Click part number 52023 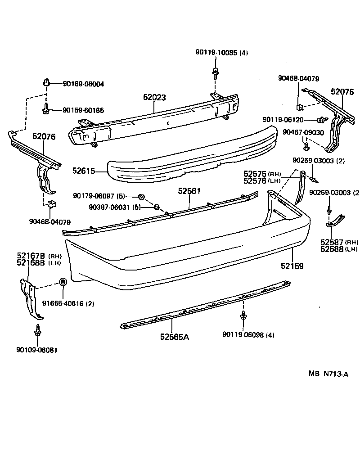155,97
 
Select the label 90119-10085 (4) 221,53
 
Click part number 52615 83,171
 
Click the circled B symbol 63,282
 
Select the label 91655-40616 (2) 68,303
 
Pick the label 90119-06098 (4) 248,334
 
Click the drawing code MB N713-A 328,374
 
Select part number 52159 292,266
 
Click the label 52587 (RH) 339,242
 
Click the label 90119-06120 283,120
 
